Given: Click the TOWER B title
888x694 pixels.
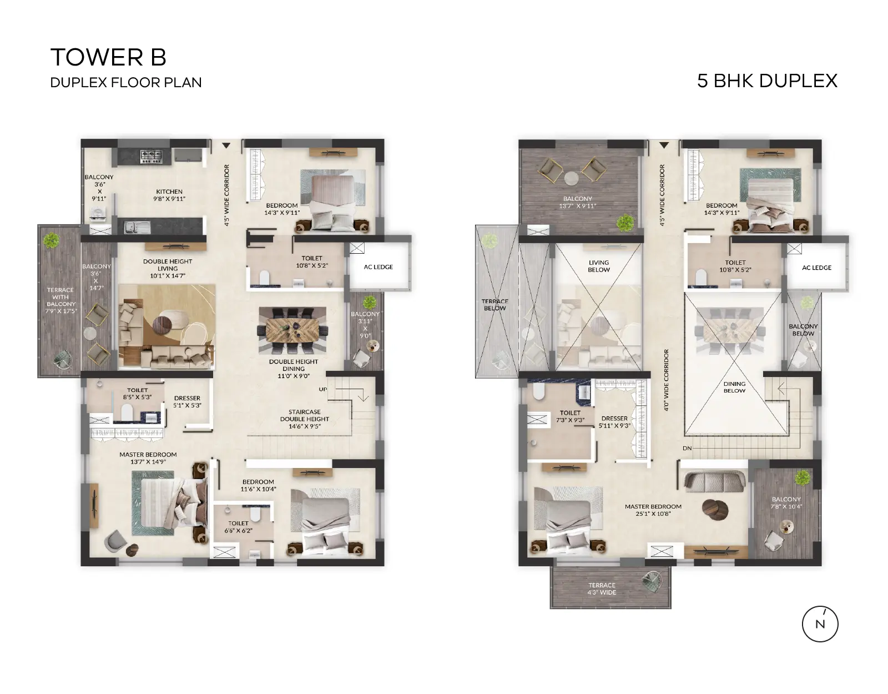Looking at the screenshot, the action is [108, 57].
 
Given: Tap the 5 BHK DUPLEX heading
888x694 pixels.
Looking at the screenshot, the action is [767, 81].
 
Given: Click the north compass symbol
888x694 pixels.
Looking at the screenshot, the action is [820, 623].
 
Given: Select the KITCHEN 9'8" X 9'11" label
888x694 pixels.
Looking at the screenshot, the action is [169, 195].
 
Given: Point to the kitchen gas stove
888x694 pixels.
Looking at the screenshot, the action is [150, 156].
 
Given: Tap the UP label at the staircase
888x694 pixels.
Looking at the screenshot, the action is [323, 389].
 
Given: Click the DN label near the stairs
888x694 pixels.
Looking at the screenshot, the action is [687, 448].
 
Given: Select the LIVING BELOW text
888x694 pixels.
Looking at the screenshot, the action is [599, 266].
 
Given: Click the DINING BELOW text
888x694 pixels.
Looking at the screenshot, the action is [734, 387].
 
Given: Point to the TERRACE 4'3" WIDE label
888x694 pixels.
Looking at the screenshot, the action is [602, 589].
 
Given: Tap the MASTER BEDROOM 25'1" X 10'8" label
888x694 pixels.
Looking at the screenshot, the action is [653, 510].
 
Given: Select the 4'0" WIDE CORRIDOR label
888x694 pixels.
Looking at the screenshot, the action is [666, 380].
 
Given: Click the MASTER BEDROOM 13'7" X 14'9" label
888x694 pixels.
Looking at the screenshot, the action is [148, 457].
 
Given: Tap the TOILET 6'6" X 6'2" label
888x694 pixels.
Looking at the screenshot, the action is [238, 527].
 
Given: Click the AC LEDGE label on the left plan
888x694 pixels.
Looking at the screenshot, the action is [379, 267].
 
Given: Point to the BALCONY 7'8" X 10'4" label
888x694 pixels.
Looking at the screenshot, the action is [786, 502].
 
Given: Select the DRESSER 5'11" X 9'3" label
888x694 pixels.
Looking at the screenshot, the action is [614, 422].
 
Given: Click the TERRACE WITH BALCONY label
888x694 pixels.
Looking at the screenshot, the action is [60, 300].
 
